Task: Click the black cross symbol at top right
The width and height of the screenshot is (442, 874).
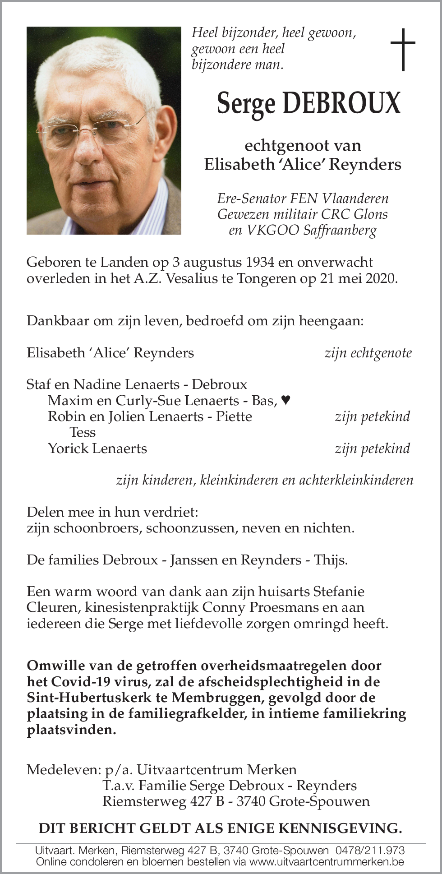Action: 402,49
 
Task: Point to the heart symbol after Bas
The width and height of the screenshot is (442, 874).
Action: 285,400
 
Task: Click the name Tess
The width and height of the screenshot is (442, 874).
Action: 83,432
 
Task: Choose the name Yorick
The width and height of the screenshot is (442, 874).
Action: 67,449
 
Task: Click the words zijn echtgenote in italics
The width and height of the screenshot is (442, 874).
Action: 368,353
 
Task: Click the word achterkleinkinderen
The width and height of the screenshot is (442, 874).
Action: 356,480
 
